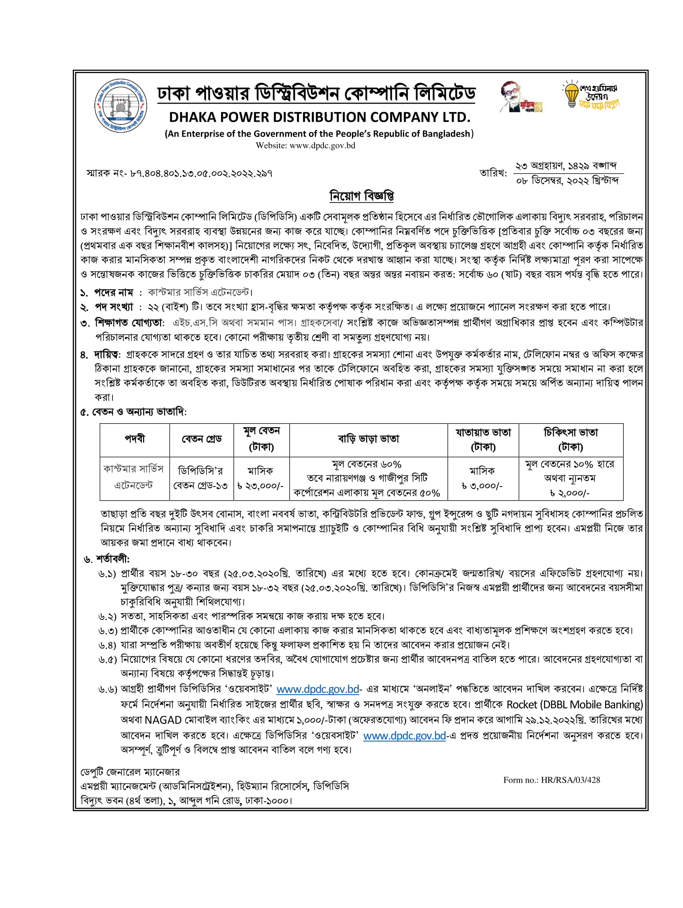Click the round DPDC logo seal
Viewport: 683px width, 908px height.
(121, 106)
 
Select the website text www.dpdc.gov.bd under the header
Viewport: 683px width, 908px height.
(322, 145)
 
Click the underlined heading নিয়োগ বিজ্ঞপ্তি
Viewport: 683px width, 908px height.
(362, 196)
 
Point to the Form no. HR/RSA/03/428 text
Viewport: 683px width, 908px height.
(551, 780)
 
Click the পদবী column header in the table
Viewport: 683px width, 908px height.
(135, 439)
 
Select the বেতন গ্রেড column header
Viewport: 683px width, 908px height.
(202, 439)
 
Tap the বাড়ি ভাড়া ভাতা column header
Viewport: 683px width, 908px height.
(368, 439)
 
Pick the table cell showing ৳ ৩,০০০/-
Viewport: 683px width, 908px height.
(482, 486)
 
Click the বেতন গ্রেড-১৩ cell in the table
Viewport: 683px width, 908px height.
(200, 486)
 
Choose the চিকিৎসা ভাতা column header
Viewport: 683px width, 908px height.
(571, 439)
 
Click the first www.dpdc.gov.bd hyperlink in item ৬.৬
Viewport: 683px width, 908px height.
(318, 689)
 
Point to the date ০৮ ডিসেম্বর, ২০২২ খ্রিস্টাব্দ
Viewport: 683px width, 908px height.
(567, 181)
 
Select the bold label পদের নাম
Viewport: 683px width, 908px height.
(114, 292)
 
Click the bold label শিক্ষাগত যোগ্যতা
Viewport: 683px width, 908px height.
(129, 323)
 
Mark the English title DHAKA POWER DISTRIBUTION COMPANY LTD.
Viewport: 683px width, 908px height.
(319, 117)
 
